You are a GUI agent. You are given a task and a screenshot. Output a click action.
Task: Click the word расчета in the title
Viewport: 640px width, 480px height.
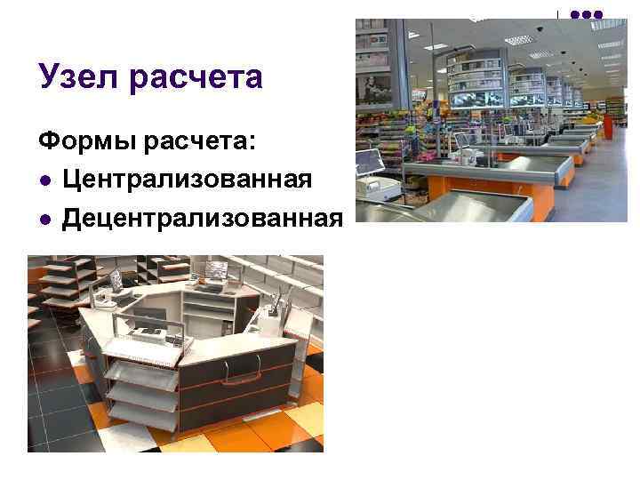coord(197,79)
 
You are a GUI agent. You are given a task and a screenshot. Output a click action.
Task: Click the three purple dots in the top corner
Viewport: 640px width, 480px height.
coord(586,14)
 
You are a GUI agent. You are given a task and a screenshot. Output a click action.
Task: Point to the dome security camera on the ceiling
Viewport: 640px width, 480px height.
coord(540,29)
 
